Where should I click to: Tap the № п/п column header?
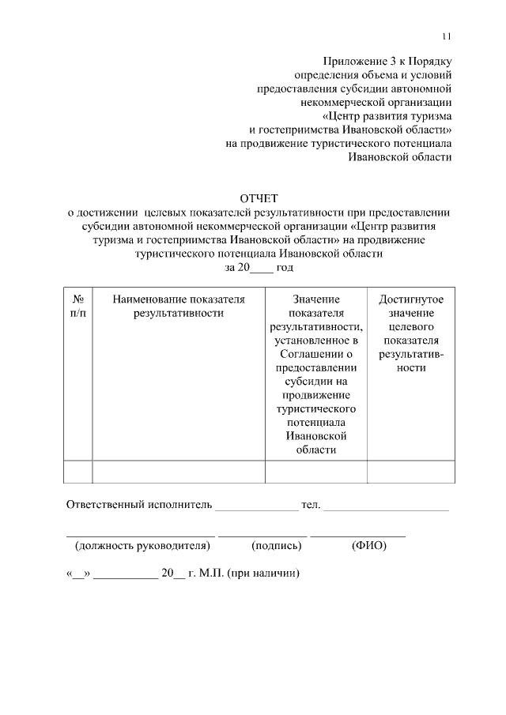point(78,307)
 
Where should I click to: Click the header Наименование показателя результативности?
point(179,307)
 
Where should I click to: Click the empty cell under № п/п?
point(78,471)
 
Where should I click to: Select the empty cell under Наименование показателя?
point(179,471)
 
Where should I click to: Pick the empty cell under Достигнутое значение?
point(411,471)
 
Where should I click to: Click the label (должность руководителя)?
point(142,546)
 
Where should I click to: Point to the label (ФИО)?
point(369,546)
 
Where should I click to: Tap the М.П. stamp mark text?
point(212,574)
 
